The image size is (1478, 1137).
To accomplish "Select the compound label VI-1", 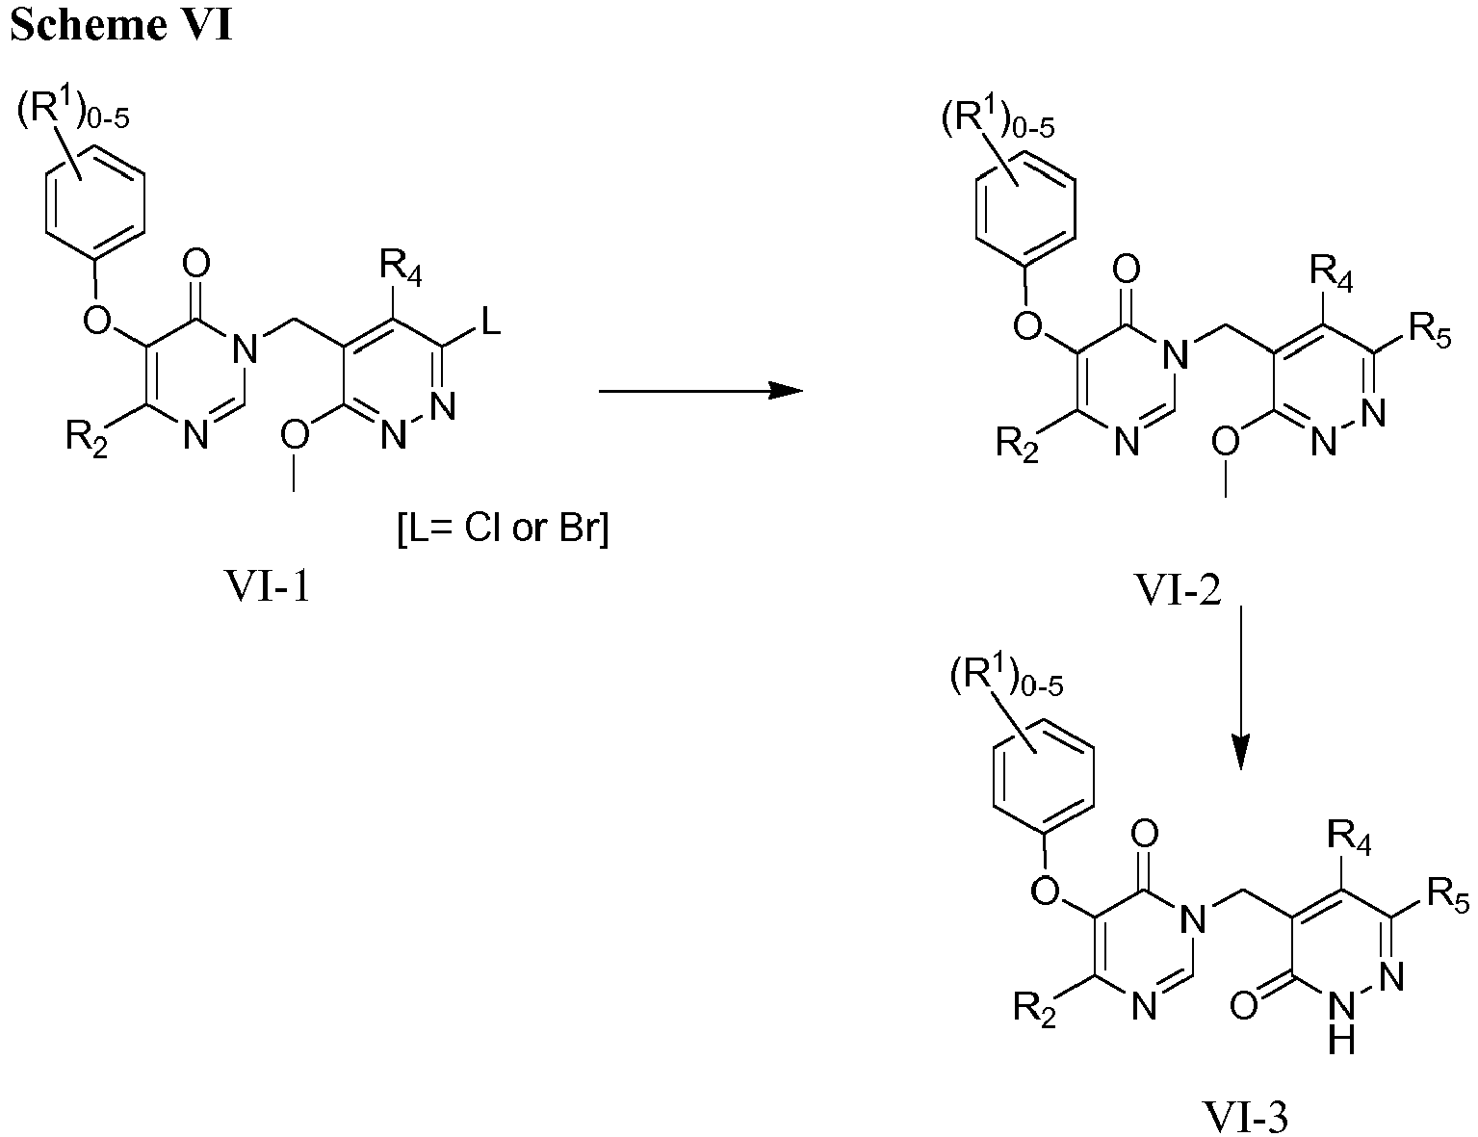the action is click(268, 586).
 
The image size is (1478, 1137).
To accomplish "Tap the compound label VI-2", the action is click(1178, 589).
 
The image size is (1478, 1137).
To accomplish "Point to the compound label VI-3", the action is click(1246, 1117).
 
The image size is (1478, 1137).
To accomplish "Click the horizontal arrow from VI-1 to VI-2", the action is click(701, 390).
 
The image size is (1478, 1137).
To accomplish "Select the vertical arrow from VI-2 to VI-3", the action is click(1241, 687).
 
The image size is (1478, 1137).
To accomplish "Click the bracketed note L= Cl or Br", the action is click(503, 528).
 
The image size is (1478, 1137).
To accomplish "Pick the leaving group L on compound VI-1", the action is click(490, 320).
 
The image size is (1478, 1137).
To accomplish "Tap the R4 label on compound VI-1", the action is click(401, 268).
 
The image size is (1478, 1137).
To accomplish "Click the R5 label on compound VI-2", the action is click(1429, 332).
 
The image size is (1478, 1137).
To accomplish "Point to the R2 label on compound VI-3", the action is click(1034, 1008).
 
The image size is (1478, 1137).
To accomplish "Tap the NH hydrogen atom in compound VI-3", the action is click(1341, 1041).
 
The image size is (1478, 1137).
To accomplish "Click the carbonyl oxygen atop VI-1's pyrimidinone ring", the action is click(196, 264).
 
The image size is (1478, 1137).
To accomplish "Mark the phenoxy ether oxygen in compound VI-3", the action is click(1046, 889).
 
